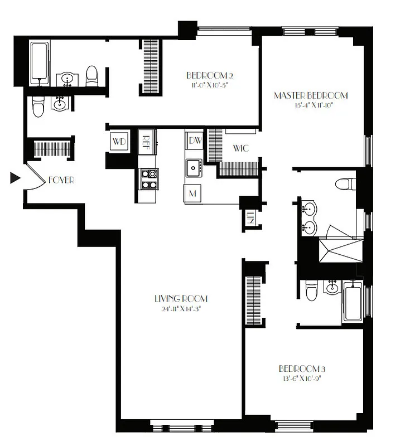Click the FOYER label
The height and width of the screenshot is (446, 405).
pos(61,180)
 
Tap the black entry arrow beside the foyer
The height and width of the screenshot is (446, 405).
pos(15,178)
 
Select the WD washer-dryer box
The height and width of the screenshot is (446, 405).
pos(119,141)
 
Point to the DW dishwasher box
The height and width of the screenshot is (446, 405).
pos(195,140)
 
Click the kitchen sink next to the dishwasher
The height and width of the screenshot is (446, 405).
pos(194,166)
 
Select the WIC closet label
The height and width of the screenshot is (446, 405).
pos(241,149)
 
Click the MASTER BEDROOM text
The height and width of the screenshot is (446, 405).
pos(310,95)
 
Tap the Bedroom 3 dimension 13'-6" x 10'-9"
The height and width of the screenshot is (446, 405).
pos(301,378)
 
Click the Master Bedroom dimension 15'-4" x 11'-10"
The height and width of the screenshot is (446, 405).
pos(310,105)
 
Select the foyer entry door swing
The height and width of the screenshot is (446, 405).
pos(35,178)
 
